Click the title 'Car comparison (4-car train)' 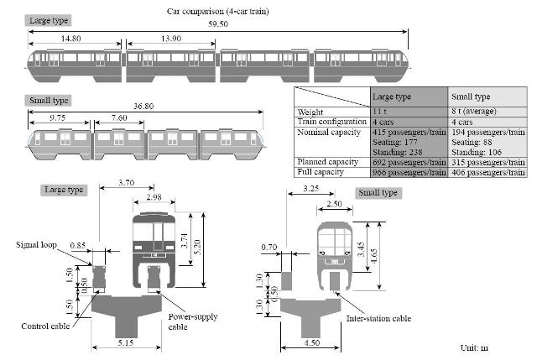click(218, 11)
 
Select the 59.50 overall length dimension click(218, 24)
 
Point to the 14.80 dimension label click(70, 39)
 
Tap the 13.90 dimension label click(171, 39)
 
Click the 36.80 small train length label click(143, 107)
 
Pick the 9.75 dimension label click(58, 117)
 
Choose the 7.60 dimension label click(119, 117)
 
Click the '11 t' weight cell click(379, 112)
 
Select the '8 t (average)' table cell click(473, 112)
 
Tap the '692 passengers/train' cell click(409, 162)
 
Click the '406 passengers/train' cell click(488, 172)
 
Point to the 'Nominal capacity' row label click(329, 133)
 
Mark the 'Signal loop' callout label click(36, 244)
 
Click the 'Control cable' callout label click(45, 326)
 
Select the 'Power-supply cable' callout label click(193, 321)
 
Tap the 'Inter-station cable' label click(378, 319)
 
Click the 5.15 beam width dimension click(126, 342)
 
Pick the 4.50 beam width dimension click(312, 342)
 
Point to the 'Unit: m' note click(474, 348)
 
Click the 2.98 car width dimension click(154, 197)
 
